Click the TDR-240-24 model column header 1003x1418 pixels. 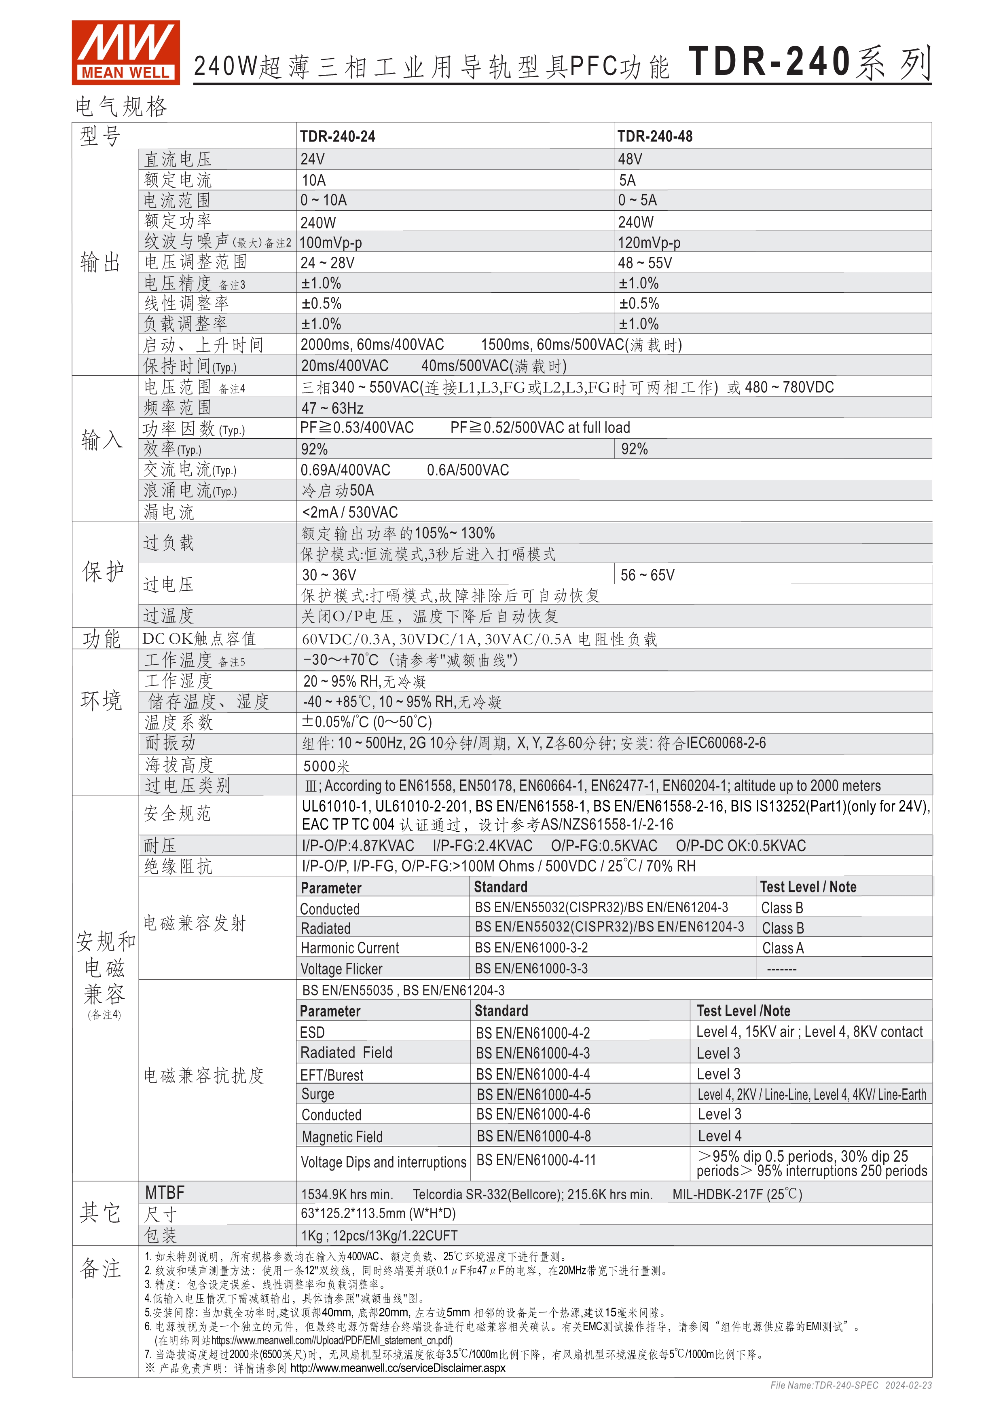click(x=337, y=137)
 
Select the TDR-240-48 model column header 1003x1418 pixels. click(x=655, y=137)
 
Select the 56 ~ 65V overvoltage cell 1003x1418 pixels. click(x=647, y=575)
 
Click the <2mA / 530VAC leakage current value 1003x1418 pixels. click(x=349, y=512)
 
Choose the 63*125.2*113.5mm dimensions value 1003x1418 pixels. click(x=378, y=1213)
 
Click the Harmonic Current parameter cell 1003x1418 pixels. click(x=349, y=948)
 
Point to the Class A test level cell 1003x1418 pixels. click(x=783, y=948)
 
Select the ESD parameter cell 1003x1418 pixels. click(x=313, y=1033)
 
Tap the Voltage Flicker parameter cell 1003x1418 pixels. click(x=341, y=969)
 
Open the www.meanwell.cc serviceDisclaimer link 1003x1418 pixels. click(x=398, y=1368)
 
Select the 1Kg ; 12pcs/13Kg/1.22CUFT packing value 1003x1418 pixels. click(x=379, y=1235)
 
